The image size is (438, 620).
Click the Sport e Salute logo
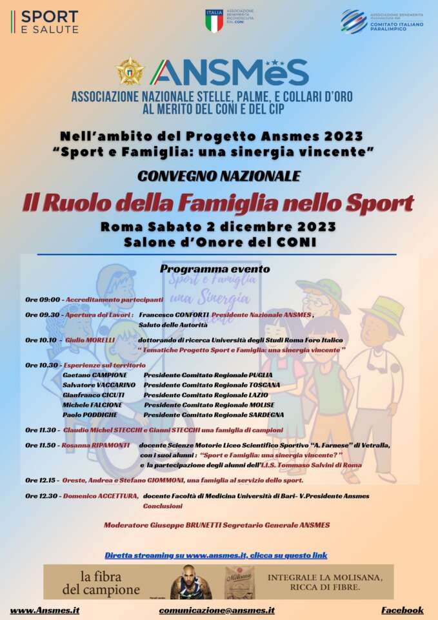click(x=45, y=21)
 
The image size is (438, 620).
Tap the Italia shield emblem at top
click(x=214, y=21)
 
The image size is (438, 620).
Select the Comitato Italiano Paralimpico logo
click(x=382, y=22)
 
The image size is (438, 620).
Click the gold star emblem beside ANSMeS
click(x=130, y=71)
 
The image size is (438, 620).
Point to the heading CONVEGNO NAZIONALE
click(x=219, y=176)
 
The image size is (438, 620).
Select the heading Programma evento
click(x=215, y=269)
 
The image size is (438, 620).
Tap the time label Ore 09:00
click(x=43, y=300)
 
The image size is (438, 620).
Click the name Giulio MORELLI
click(x=90, y=340)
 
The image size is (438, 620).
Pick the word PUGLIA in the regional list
click(x=261, y=375)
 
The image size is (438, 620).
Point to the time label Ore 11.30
click(x=43, y=429)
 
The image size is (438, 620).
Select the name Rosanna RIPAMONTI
click(x=95, y=445)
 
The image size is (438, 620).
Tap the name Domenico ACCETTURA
click(x=101, y=496)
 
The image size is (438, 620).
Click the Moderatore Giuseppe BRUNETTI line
click(x=217, y=525)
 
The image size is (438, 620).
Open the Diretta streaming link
click(x=215, y=555)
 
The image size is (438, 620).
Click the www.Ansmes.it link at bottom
click(x=45, y=610)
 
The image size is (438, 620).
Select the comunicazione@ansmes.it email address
click(x=217, y=610)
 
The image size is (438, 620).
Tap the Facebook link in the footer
click(x=402, y=610)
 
